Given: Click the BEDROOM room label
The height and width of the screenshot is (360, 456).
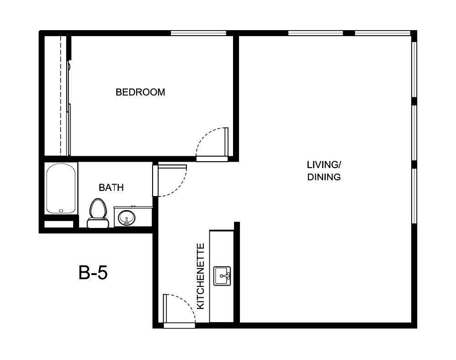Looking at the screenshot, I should tap(140, 92).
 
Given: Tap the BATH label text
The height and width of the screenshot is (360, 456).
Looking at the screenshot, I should tap(111, 187).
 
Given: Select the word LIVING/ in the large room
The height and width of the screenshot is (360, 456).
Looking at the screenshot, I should tap(323, 164).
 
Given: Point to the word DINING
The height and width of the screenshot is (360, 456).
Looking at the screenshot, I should tap(323, 177).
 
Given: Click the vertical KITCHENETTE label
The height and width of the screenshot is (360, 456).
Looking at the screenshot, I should tap(200, 276).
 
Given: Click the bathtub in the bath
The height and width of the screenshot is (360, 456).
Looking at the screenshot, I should tap(61, 188).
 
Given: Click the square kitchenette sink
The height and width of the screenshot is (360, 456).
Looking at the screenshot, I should tap(223, 275).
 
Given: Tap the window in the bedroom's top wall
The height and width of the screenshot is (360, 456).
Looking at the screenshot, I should tap(198, 33).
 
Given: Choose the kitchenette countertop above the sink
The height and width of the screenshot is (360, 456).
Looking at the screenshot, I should tap(222, 247).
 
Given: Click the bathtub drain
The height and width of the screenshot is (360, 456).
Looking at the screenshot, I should tap(61, 210).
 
